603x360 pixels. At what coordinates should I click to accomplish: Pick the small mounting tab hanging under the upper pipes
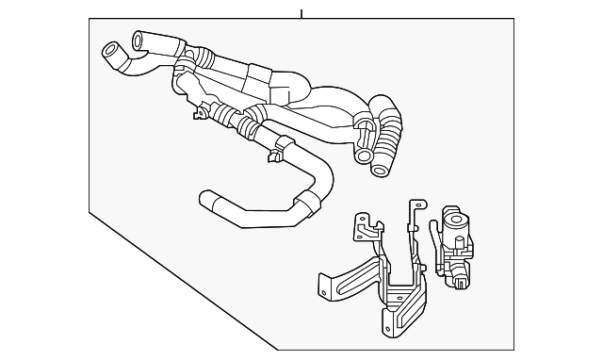click(199, 116)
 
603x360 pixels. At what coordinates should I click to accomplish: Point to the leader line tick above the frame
click(301, 13)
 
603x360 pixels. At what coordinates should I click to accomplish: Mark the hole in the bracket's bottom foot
click(389, 326)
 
